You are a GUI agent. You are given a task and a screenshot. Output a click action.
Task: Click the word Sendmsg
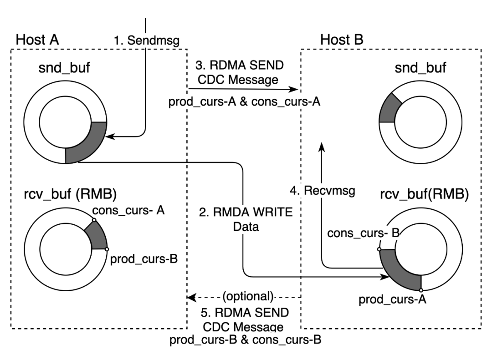tap(154, 41)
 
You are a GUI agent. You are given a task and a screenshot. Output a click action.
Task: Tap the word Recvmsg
tap(329, 191)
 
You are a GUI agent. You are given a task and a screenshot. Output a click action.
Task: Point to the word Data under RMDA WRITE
tap(246, 227)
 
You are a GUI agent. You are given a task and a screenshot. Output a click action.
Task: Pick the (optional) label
tap(248, 297)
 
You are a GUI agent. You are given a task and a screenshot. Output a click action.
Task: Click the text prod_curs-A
tap(202, 102)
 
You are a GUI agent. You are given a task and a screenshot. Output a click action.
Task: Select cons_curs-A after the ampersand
tap(286, 102)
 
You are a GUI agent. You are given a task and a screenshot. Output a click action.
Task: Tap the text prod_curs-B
tap(203, 340)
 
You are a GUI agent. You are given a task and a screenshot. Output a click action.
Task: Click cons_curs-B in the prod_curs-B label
tap(287, 340)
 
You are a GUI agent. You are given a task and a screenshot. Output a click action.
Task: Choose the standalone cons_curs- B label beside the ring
tap(363, 233)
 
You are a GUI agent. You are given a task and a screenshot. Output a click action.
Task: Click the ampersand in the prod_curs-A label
tap(244, 102)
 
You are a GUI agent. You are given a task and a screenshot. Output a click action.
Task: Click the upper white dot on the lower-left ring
tap(93, 220)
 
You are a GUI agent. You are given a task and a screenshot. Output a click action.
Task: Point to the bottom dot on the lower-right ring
tap(421, 290)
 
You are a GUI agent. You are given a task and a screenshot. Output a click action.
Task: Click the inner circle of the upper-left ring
tap(65, 122)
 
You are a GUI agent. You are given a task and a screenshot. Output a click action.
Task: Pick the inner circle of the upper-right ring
tap(420, 122)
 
